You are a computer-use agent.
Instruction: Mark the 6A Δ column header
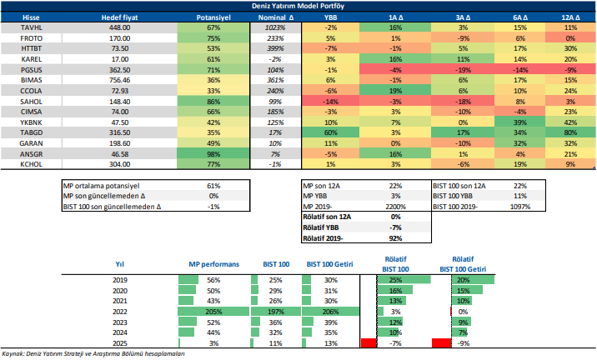pos(519,17)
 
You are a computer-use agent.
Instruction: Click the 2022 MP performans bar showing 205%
pos(213,311)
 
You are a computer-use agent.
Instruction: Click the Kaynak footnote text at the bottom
pos(93,354)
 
